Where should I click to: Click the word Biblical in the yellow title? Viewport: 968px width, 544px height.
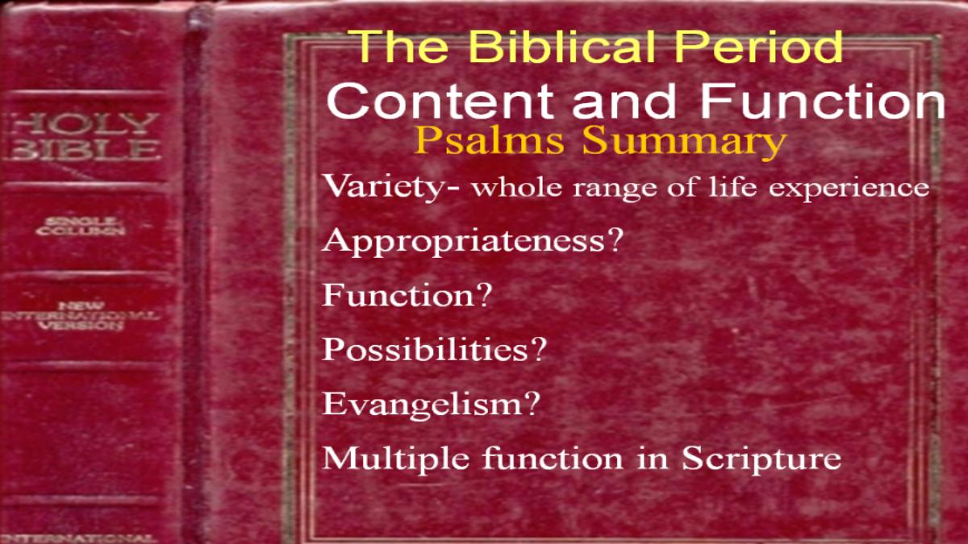point(561,46)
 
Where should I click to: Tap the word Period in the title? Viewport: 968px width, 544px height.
point(758,46)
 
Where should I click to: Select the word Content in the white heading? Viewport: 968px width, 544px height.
point(440,101)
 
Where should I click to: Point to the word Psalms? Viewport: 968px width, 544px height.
point(489,142)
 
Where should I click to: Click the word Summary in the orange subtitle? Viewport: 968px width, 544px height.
point(684,143)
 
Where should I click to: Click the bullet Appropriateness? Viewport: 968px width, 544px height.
point(473,242)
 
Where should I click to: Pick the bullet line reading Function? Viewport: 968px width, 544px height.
point(407,295)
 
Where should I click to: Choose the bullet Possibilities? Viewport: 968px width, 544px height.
point(434,350)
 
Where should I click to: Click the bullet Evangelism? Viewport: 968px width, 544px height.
point(431,404)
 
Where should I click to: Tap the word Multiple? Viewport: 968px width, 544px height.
point(395,459)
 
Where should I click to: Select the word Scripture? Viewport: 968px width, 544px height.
point(761,459)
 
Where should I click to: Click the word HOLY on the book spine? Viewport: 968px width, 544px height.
point(83,124)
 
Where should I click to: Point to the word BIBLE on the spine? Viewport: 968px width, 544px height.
point(83,150)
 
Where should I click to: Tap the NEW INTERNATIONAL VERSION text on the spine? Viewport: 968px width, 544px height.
point(81,316)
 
